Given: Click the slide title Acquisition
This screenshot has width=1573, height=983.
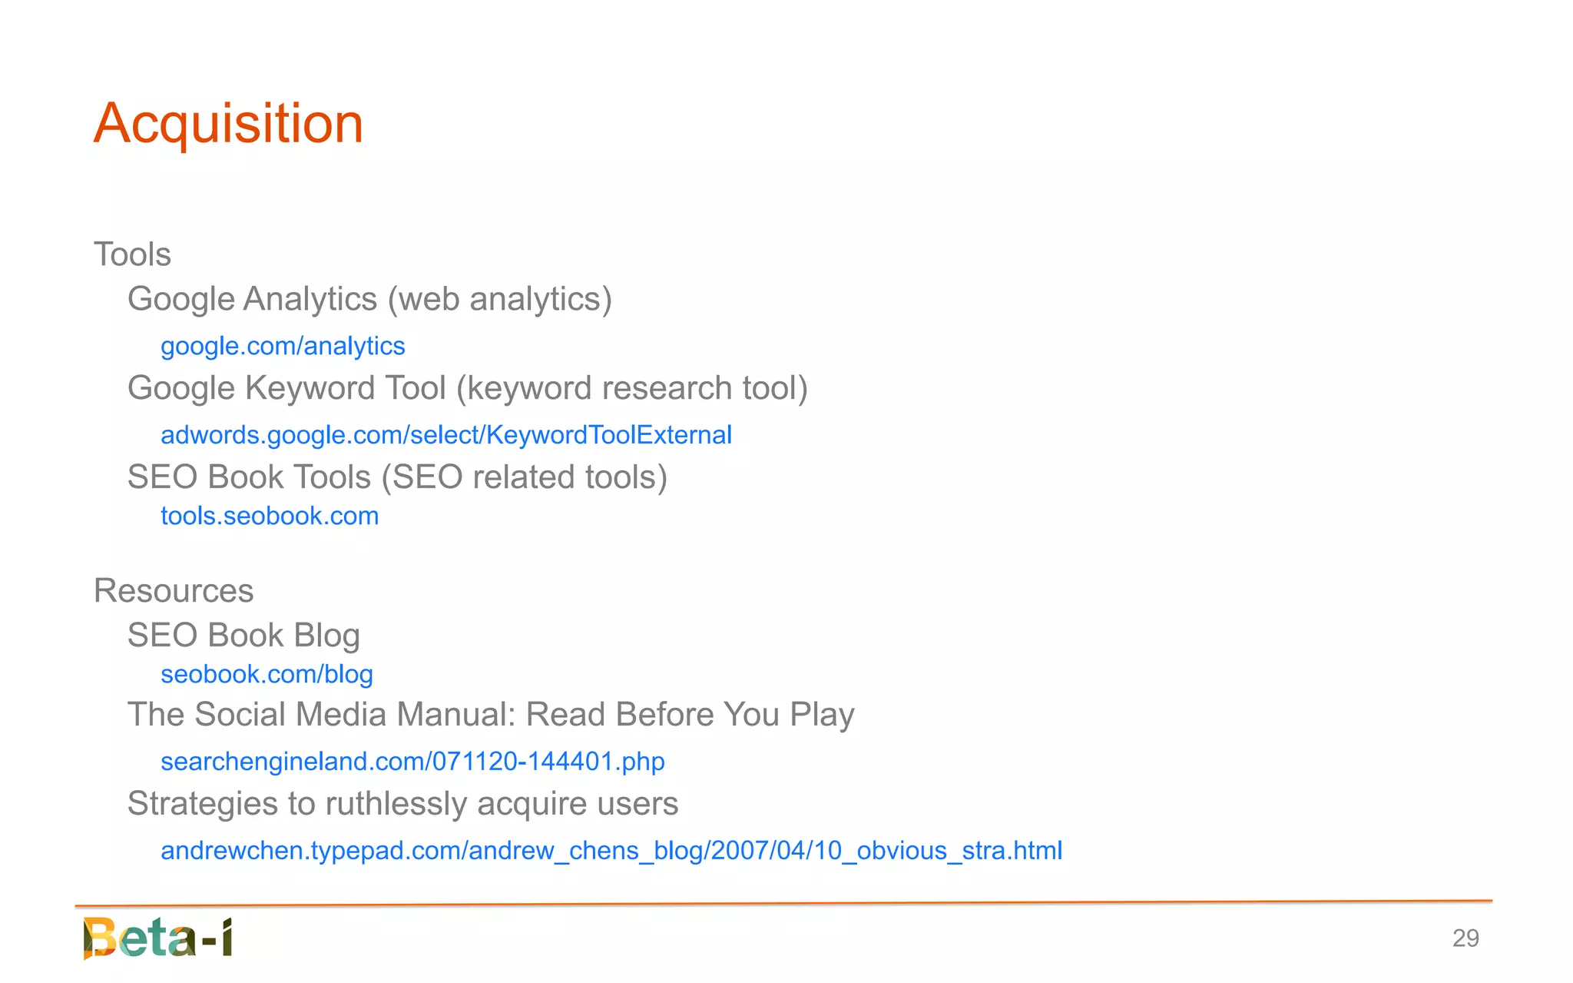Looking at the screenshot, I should pyautogui.click(x=228, y=123).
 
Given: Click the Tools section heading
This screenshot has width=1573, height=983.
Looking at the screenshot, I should pyautogui.click(x=132, y=254).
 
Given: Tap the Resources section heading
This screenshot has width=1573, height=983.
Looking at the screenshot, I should pyautogui.click(x=174, y=590).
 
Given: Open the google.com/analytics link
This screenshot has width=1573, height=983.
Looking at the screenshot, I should pyautogui.click(x=283, y=346).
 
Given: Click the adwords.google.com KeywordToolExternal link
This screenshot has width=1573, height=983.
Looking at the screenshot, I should pyautogui.click(x=445, y=435).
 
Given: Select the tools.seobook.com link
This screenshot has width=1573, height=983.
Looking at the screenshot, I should pyautogui.click(x=270, y=516).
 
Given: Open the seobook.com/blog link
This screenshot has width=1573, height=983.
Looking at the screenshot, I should pyautogui.click(x=267, y=674).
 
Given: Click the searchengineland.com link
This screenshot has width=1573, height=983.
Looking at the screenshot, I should pyautogui.click(x=412, y=761).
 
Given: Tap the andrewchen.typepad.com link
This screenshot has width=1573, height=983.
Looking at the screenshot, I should pyautogui.click(x=611, y=850).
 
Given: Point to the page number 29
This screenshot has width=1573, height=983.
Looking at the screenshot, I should pyautogui.click(x=1465, y=938).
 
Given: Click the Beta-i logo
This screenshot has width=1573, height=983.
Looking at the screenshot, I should pyautogui.click(x=158, y=938).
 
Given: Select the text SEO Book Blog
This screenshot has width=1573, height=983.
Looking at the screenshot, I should pyautogui.click(x=243, y=636).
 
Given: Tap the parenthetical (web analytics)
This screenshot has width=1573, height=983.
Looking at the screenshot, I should pyautogui.click(x=499, y=299).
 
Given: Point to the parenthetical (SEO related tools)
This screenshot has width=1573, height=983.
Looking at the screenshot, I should pyautogui.click(x=525, y=477).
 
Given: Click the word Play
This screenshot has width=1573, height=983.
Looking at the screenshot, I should pyautogui.click(x=822, y=715).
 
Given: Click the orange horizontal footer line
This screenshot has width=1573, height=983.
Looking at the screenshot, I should pyautogui.click(x=783, y=904).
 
